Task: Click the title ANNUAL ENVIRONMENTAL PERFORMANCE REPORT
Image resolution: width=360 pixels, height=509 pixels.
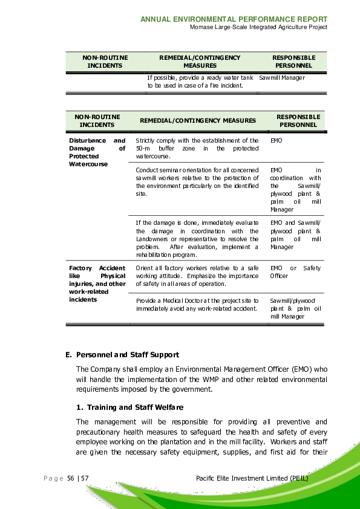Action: (234, 19)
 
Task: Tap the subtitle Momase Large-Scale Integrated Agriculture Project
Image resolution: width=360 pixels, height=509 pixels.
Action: (258, 27)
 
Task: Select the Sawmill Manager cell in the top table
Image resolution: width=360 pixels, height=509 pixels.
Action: (281, 78)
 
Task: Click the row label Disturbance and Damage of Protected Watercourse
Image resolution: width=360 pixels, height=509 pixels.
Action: (97, 152)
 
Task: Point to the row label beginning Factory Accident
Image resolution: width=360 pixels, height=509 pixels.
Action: (97, 284)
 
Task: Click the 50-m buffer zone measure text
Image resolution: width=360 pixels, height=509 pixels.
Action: (197, 148)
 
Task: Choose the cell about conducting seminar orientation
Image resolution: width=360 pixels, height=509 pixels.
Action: (197, 182)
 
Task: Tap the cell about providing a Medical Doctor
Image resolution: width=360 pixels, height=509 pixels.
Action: (197, 304)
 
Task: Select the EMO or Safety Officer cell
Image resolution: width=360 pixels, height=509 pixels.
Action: (295, 272)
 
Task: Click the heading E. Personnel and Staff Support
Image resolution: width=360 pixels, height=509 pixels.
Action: (122, 354)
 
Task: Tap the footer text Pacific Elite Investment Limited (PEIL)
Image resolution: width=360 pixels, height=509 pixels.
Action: (252, 478)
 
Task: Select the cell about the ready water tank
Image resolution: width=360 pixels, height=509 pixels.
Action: (200, 82)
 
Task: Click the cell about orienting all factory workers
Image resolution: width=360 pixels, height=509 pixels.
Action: (197, 276)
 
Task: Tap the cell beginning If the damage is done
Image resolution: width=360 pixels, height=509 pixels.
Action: (197, 239)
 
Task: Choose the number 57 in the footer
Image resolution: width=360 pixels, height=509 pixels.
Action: (85, 479)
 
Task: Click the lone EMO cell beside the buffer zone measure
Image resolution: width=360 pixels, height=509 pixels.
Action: (276, 140)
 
